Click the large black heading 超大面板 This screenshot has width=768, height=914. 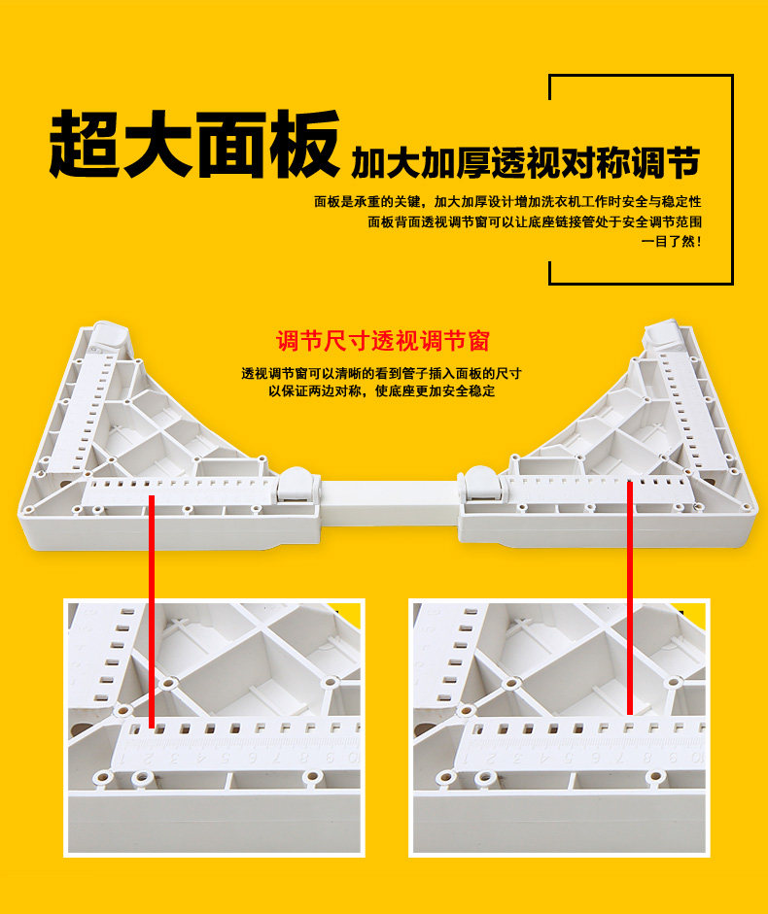point(194,145)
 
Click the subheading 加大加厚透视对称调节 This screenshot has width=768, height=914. point(525,162)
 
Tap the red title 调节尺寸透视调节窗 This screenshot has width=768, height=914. point(383,341)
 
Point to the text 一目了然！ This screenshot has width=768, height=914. point(672,242)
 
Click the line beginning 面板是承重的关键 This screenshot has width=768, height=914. point(506,202)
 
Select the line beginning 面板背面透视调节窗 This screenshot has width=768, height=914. point(534,222)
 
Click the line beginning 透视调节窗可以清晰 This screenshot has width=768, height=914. point(382,373)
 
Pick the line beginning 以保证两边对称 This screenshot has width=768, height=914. point(382,391)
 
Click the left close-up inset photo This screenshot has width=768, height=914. point(214,728)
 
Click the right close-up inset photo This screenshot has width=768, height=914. point(559,728)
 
